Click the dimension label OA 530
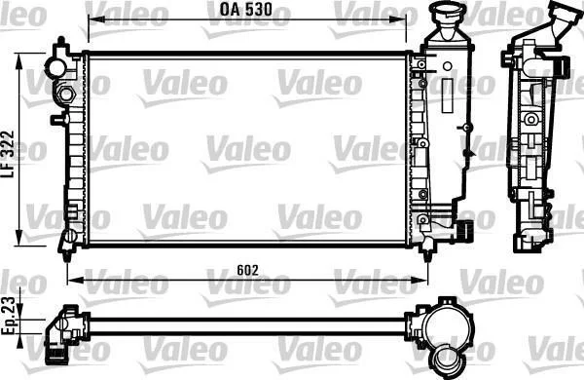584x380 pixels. click(x=246, y=10)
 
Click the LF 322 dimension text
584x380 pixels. click(x=8, y=154)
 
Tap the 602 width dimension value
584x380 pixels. click(x=247, y=270)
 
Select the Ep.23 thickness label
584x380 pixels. click(x=8, y=316)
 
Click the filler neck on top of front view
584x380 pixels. click(x=447, y=20)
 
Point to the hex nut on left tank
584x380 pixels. click(x=65, y=94)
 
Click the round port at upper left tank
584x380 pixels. click(x=57, y=67)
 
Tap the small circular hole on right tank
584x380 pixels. click(x=448, y=67)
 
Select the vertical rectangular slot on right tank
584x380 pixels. click(x=447, y=95)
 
